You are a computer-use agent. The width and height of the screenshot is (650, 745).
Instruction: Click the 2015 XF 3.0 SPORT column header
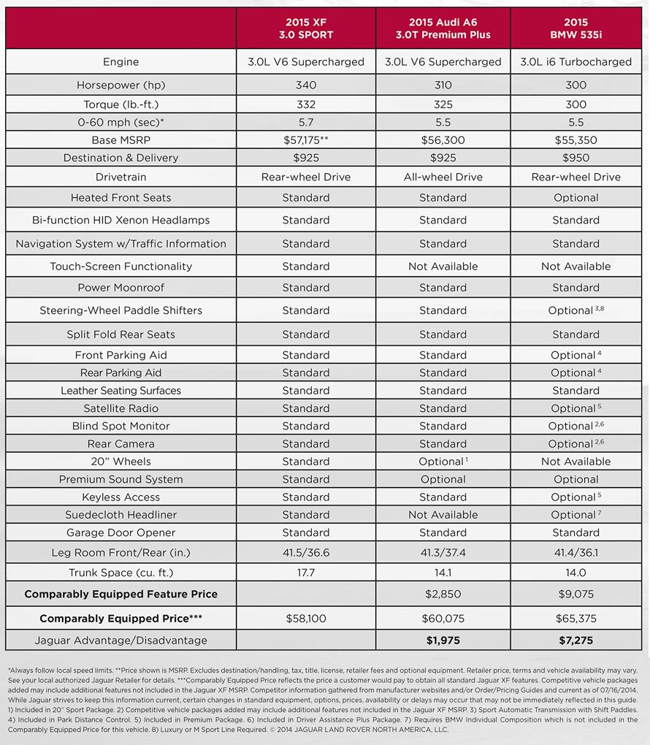click(305, 28)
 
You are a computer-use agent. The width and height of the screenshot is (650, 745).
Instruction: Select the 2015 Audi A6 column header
click(443, 28)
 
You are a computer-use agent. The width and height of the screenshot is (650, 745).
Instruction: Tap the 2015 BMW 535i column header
click(576, 28)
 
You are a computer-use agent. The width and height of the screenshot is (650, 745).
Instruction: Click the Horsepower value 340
click(305, 85)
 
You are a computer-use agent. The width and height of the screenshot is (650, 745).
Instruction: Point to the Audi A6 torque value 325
click(443, 104)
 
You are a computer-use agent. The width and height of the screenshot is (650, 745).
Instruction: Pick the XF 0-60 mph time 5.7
click(305, 122)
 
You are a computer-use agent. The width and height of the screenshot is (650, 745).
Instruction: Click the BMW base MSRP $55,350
click(576, 140)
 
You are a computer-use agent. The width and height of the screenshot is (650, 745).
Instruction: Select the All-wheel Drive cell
click(443, 177)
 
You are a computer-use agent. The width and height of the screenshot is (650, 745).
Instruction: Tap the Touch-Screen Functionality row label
click(121, 266)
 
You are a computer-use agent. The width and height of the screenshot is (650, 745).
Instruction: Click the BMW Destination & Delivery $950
click(576, 158)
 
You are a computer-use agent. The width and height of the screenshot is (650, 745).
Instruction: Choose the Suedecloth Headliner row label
click(121, 515)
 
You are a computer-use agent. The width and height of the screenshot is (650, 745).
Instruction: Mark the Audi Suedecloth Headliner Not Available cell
click(443, 515)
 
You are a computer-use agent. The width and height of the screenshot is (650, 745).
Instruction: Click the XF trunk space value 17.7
click(305, 573)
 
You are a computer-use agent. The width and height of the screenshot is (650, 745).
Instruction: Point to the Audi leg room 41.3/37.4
click(443, 553)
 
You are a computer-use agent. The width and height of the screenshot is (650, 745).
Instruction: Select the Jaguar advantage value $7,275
click(576, 641)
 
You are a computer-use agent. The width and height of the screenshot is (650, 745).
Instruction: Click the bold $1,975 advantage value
click(443, 641)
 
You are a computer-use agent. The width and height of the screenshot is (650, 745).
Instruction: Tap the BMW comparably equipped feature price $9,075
click(576, 595)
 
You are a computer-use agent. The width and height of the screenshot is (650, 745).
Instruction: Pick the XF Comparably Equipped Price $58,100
click(305, 619)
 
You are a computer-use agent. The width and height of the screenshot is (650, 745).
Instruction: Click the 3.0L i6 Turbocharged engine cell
click(576, 61)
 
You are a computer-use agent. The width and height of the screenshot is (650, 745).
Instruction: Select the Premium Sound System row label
click(121, 479)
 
